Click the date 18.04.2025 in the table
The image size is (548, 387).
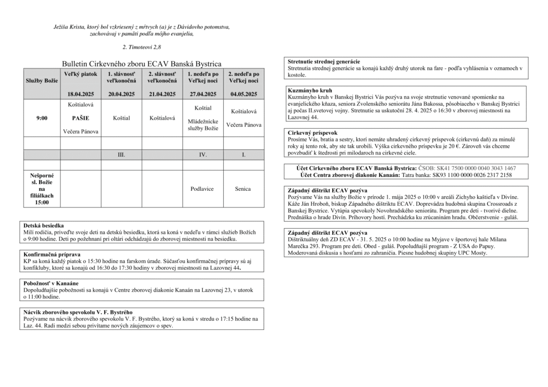click(x=81, y=94)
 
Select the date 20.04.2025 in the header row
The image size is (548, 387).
click(x=121, y=94)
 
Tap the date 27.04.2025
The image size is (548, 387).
click(x=203, y=94)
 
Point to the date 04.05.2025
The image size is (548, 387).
click(x=243, y=94)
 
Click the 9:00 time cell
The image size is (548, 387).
click(x=42, y=118)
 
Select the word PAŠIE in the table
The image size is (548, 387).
click(x=81, y=118)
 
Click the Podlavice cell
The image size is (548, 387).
click(x=203, y=189)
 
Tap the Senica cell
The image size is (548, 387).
click(x=243, y=189)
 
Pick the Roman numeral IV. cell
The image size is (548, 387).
click(x=203, y=154)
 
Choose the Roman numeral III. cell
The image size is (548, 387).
click(x=121, y=154)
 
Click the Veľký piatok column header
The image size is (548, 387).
click(x=81, y=74)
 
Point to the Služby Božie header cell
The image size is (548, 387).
click(x=42, y=80)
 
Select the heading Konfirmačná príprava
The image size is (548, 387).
click(x=52, y=254)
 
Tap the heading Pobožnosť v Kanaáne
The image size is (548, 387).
click(x=51, y=283)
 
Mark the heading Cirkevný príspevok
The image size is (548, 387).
click(x=313, y=133)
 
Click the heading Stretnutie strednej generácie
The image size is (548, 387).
click(x=324, y=61)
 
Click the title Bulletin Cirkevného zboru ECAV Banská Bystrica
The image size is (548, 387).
click(x=141, y=63)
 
